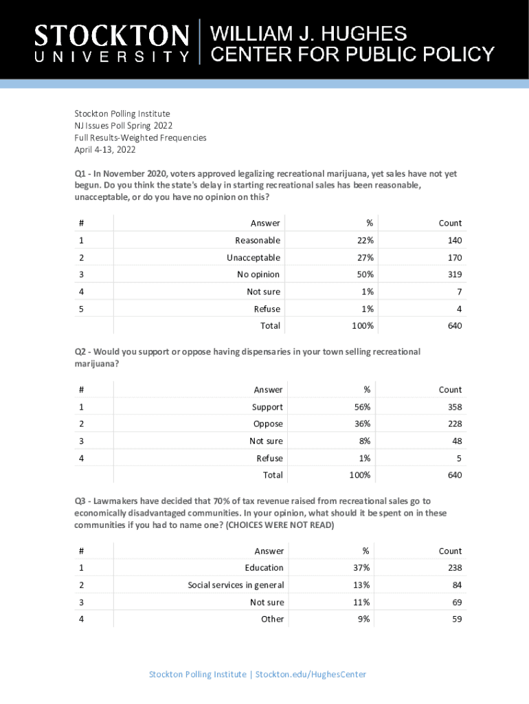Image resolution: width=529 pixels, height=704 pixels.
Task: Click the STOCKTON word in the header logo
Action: pyautogui.click(x=111, y=36)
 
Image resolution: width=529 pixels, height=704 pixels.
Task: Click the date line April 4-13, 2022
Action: pyautogui.click(x=105, y=150)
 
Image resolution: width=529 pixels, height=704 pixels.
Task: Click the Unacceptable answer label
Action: pyautogui.click(x=254, y=258)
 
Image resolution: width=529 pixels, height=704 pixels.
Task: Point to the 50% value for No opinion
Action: pyautogui.click(x=365, y=274)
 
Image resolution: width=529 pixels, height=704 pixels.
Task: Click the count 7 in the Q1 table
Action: pyautogui.click(x=459, y=291)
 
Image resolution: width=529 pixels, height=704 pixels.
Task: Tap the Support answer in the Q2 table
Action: pyautogui.click(x=267, y=407)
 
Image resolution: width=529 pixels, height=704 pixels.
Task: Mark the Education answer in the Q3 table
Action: pyautogui.click(x=264, y=568)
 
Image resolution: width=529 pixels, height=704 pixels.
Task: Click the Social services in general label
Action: pyautogui.click(x=236, y=585)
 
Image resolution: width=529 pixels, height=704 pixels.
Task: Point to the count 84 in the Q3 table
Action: pyautogui.click(x=456, y=585)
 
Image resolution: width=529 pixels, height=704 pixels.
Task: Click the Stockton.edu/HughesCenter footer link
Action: pyautogui.click(x=311, y=674)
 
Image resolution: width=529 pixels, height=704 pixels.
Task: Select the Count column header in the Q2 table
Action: pyautogui.click(x=451, y=390)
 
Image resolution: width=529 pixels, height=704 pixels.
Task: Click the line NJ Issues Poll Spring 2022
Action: pyautogui.click(x=124, y=126)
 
